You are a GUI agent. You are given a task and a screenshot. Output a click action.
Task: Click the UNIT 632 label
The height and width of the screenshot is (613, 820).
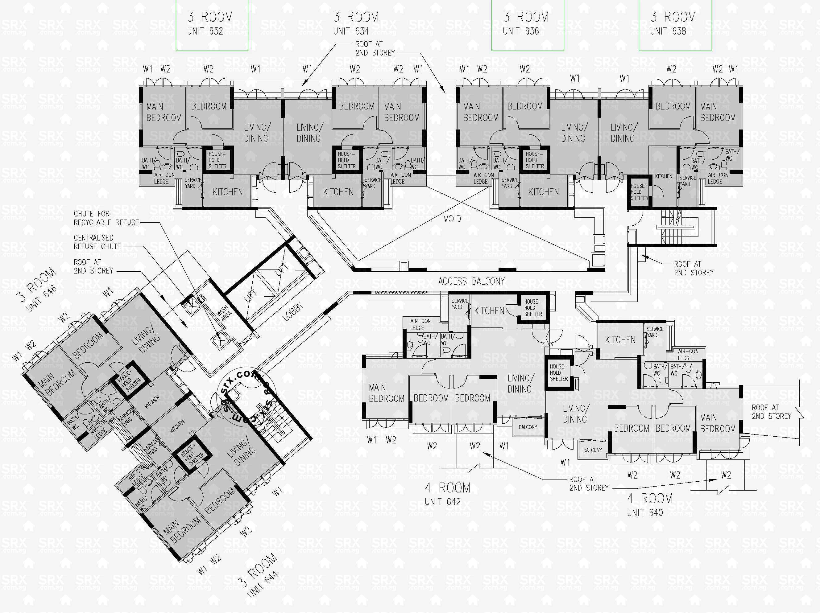pyautogui.click(x=205, y=31)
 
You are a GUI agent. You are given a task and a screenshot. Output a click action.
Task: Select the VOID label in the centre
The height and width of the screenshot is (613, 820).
pyautogui.click(x=452, y=219)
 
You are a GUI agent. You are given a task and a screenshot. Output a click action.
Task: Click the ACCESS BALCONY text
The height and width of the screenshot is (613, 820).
pyautogui.click(x=471, y=281)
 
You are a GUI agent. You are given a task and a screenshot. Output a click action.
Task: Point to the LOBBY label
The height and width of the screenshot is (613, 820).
pyautogui.click(x=292, y=312)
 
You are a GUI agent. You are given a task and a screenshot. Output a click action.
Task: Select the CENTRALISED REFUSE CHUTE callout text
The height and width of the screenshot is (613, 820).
pyautogui.click(x=97, y=242)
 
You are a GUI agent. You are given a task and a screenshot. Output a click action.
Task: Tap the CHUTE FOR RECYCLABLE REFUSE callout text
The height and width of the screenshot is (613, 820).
pyautogui.click(x=106, y=218)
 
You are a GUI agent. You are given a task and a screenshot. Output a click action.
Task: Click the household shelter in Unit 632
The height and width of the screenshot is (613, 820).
pyautogui.click(x=217, y=160)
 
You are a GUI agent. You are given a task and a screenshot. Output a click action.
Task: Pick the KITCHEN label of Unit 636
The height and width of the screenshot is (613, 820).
pyautogui.click(x=544, y=192)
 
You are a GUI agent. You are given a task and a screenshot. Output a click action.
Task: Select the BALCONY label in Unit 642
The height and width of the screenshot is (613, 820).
pyautogui.click(x=528, y=427)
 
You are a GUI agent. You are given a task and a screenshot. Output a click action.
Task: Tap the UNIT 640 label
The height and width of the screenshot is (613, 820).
pyautogui.click(x=645, y=512)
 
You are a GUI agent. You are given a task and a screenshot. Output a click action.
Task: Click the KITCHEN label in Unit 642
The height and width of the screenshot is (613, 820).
pyautogui.click(x=489, y=311)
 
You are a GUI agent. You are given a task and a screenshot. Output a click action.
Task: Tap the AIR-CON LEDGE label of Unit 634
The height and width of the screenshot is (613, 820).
pyautogui.click(x=400, y=178)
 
